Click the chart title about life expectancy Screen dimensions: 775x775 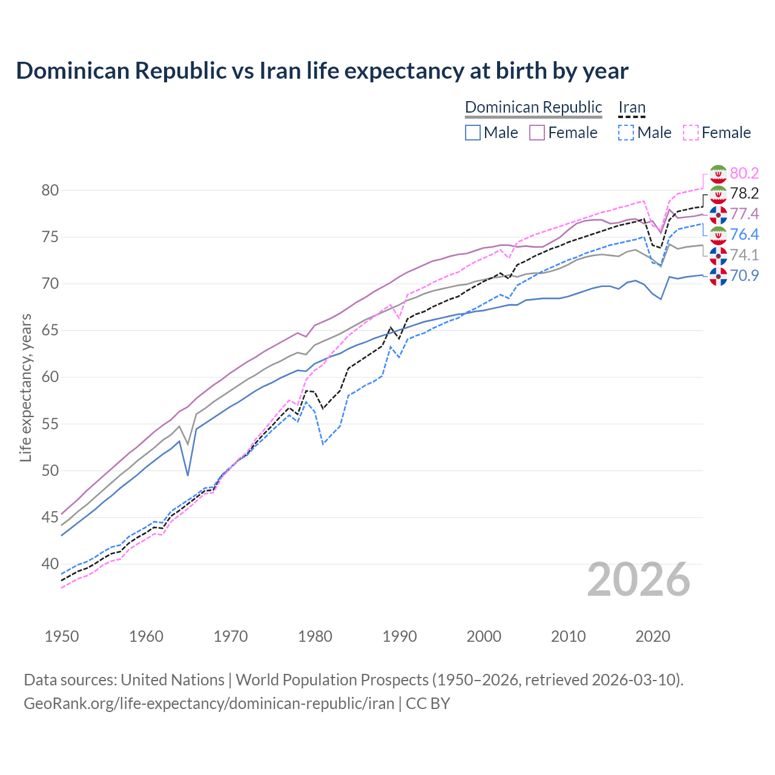click(322, 71)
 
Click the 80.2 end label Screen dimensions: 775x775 click(744, 173)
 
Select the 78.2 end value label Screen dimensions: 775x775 click(744, 193)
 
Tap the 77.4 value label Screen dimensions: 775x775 click(744, 214)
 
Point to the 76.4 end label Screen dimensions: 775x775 click(744, 234)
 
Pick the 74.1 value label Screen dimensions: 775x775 click(744, 255)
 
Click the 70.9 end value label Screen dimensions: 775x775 click(744, 275)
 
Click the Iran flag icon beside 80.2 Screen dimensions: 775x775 click(718, 174)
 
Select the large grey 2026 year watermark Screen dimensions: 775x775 click(639, 579)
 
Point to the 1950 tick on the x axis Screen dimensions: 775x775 click(62, 636)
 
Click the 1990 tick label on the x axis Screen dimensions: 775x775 click(400, 636)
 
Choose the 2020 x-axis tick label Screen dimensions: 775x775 click(653, 636)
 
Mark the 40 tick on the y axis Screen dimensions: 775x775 click(50, 564)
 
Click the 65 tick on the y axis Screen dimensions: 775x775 click(50, 331)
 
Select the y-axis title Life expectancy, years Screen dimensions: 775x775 click(25, 387)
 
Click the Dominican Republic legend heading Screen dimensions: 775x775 click(533, 107)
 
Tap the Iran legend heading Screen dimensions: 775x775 click(632, 107)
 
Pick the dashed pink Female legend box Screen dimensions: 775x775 click(691, 133)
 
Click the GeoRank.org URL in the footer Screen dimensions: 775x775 click(209, 704)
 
